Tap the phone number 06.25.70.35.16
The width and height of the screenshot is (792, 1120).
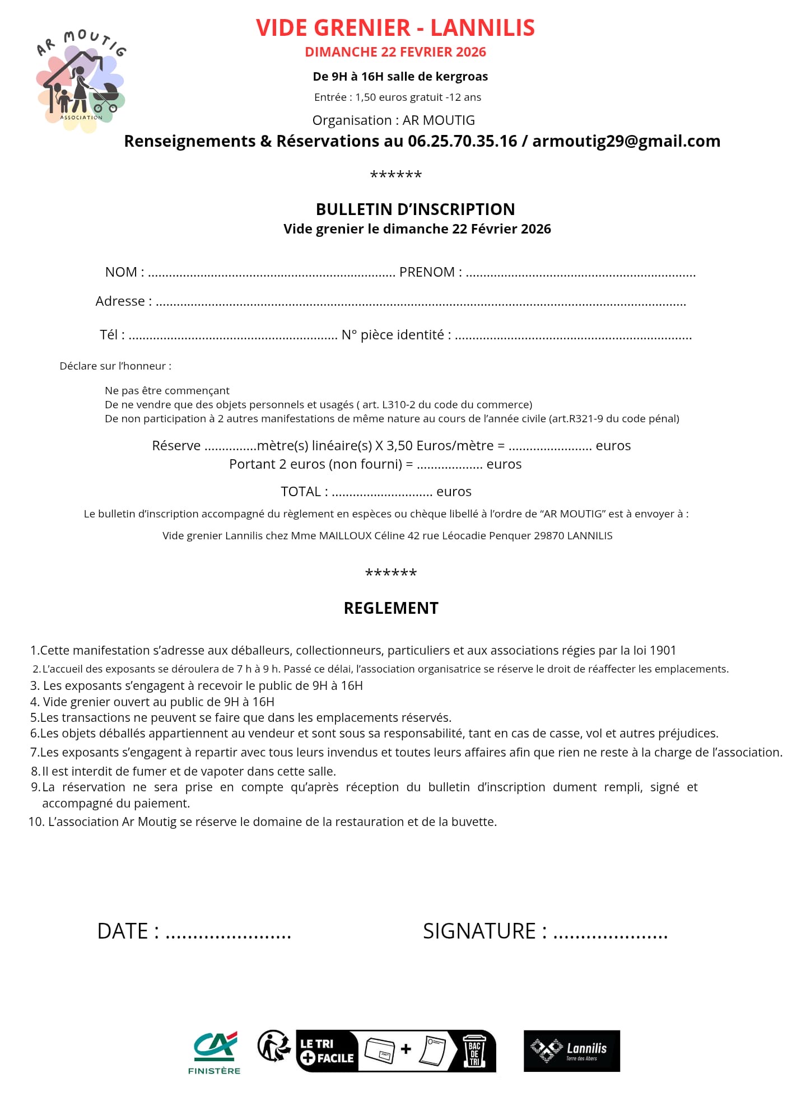tap(462, 141)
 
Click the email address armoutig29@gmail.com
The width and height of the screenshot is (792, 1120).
tap(626, 141)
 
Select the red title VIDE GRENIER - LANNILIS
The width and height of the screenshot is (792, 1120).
tap(395, 28)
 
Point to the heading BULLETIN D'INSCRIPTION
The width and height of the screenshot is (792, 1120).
tap(415, 209)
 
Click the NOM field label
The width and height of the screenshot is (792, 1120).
tap(121, 272)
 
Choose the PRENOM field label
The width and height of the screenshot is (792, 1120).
tap(427, 272)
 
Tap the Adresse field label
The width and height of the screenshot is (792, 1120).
tap(120, 301)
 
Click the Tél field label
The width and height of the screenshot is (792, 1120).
tap(109, 335)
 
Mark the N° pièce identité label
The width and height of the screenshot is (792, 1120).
tap(392, 335)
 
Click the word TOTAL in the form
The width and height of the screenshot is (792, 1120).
tap(301, 492)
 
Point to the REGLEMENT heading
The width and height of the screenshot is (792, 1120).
tap(391, 608)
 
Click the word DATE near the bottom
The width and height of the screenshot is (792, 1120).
tap(123, 931)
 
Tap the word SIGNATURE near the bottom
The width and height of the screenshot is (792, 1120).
tap(479, 931)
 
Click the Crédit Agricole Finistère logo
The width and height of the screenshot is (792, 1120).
tap(215, 1052)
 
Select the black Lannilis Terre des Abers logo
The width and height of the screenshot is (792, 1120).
tap(571, 1051)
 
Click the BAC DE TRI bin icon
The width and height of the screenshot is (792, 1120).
tap(474, 1051)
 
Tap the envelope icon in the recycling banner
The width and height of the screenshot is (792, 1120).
tap(380, 1050)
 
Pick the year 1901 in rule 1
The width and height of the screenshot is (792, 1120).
tap(663, 651)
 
